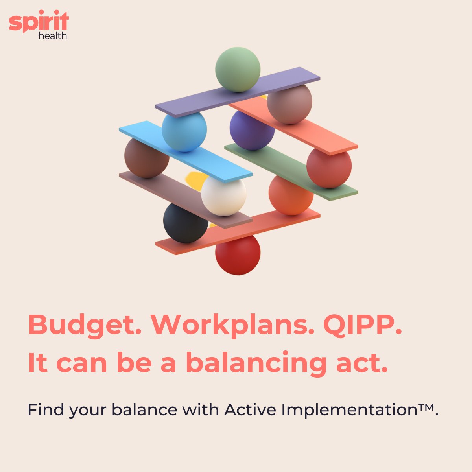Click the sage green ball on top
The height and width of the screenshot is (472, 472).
click(238, 69)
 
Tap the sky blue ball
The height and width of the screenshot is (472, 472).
click(184, 131)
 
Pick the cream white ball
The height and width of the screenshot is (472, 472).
click(223, 196)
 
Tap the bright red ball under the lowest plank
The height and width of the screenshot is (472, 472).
click(238, 255)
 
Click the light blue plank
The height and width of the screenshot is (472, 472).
click(185, 151)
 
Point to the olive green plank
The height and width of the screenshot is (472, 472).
click(291, 171)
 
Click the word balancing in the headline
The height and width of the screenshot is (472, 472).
click(256, 363)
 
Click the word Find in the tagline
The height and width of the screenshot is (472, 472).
click(46, 410)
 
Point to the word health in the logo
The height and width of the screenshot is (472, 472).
click(53, 36)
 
